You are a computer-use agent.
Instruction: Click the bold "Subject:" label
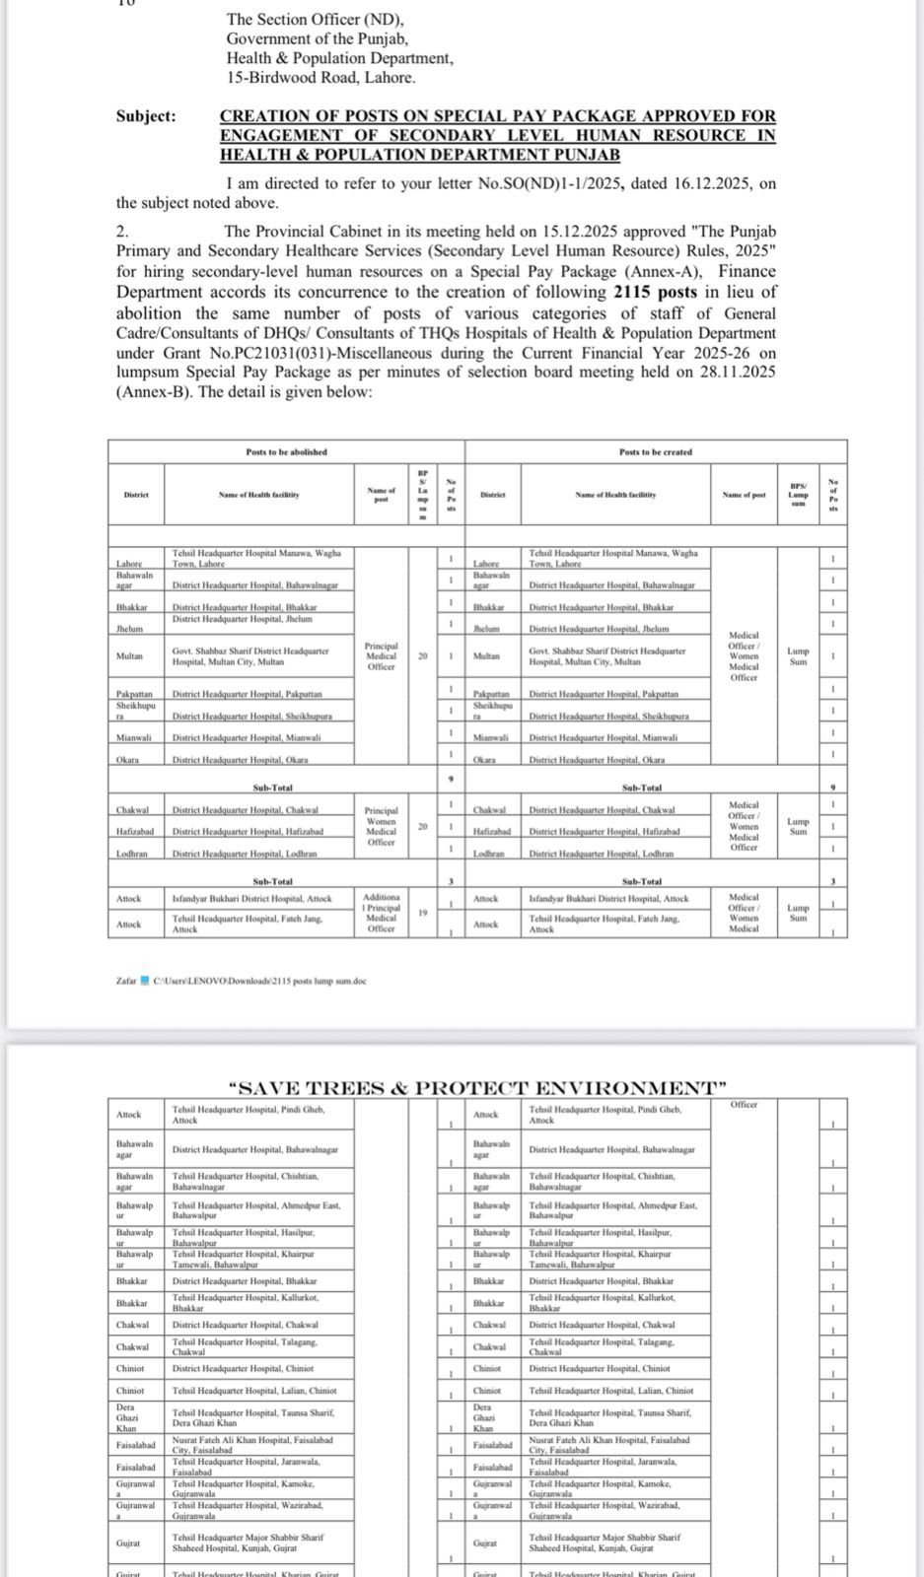(146, 116)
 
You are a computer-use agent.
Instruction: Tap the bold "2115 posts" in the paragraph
(653, 292)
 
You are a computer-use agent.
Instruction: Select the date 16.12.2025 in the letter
(697, 183)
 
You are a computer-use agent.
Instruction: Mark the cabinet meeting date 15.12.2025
(580, 232)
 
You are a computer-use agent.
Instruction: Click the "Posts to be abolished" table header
(286, 451)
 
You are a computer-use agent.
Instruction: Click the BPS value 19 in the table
(422, 913)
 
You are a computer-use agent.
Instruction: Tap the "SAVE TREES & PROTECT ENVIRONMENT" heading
(476, 1088)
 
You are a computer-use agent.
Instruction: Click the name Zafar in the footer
(126, 981)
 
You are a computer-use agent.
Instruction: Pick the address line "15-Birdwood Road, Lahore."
(320, 77)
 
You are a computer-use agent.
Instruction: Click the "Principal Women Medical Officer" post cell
(381, 826)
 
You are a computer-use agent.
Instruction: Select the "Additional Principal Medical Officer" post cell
(381, 913)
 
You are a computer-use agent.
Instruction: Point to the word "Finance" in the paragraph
(748, 271)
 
